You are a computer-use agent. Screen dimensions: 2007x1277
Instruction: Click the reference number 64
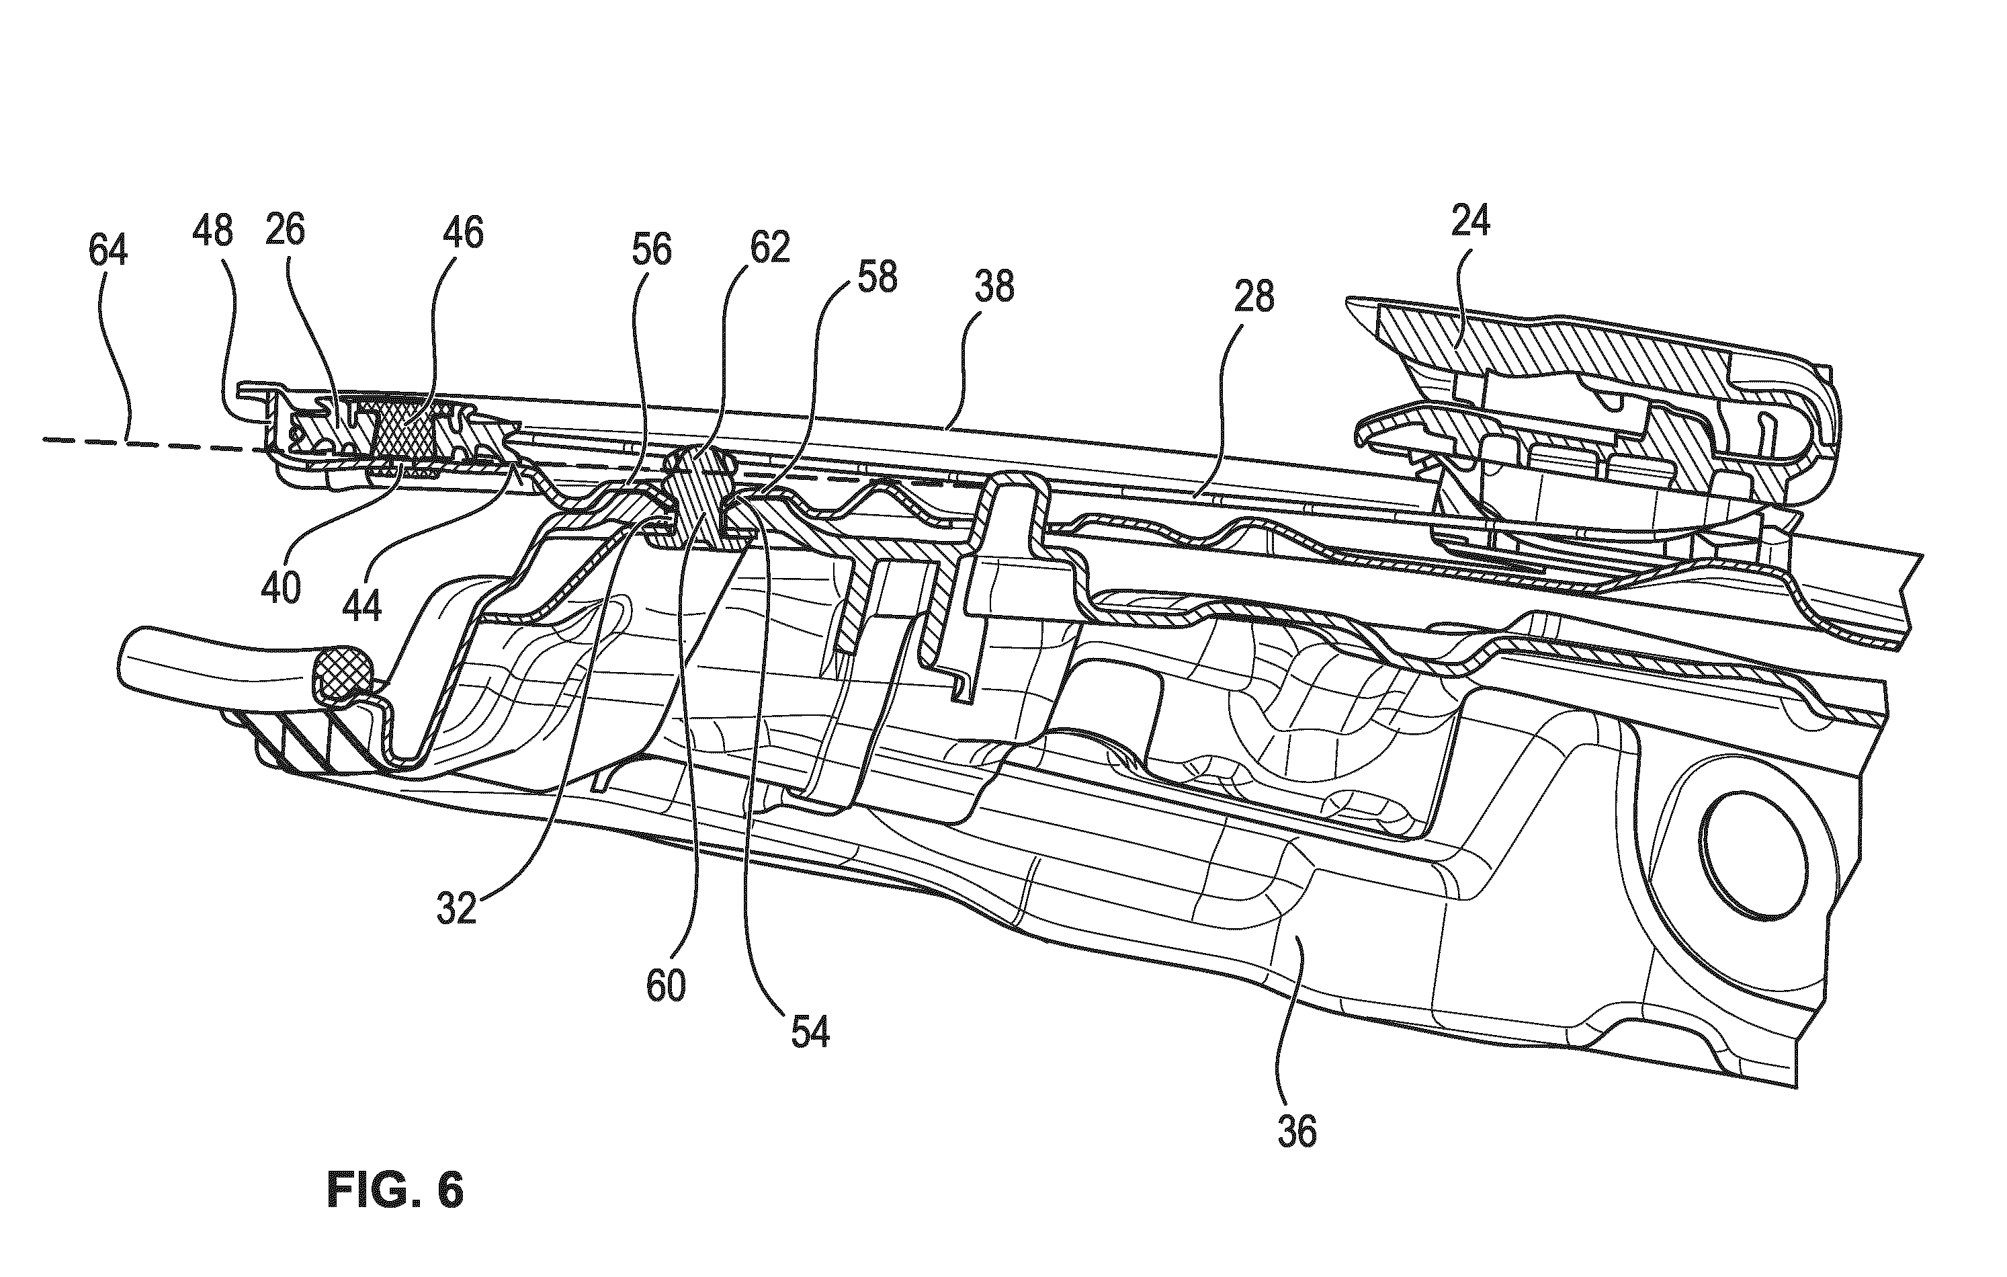coord(108,250)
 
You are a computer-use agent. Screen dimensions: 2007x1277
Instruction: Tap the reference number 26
coord(284,229)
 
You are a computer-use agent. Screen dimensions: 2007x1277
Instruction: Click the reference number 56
coord(651,249)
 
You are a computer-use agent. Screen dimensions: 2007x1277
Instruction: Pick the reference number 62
coord(769,247)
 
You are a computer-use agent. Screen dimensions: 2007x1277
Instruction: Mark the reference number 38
coord(994,287)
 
